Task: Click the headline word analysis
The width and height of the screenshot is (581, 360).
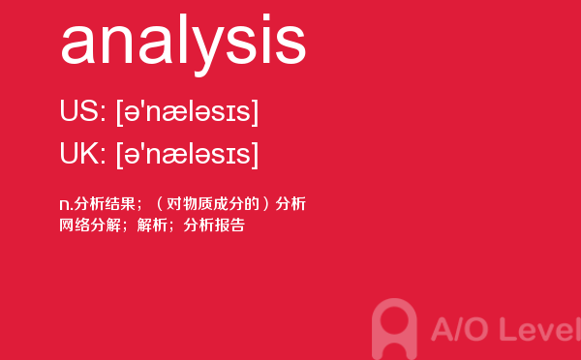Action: (183, 45)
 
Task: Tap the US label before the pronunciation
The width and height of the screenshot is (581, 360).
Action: (80, 110)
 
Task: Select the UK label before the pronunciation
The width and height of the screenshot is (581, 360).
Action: (80, 153)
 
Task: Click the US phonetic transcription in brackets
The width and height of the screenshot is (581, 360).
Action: (187, 112)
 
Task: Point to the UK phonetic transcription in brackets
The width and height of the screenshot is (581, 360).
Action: (187, 155)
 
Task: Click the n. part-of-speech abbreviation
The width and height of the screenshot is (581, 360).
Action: (66, 205)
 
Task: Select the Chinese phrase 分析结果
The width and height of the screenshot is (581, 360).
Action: (105, 204)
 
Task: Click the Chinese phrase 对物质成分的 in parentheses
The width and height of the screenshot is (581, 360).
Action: (212, 204)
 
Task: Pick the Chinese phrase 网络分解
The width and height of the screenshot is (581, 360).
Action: (90, 225)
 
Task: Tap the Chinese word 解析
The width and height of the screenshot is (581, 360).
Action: (152, 225)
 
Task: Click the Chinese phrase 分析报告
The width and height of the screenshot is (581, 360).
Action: (214, 225)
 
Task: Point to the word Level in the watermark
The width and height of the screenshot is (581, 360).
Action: (540, 329)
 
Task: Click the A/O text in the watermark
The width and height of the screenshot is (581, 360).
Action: (459, 329)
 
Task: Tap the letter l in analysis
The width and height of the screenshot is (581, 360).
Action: (179, 39)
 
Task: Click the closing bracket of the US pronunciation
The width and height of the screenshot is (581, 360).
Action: (255, 112)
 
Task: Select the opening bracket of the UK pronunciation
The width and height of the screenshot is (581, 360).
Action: (120, 155)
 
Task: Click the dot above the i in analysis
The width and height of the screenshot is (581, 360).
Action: (266, 17)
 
